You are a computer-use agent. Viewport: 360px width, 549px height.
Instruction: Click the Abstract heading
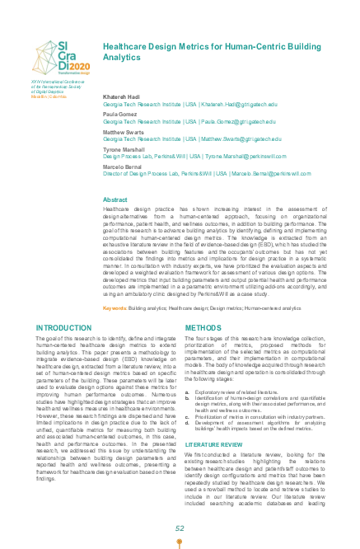pyautogui.click(x=115, y=200)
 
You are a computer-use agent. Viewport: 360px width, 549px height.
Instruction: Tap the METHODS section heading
pyautogui.click(x=203, y=327)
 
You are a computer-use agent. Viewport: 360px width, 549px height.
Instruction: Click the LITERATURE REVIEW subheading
pyautogui.click(x=213, y=443)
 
